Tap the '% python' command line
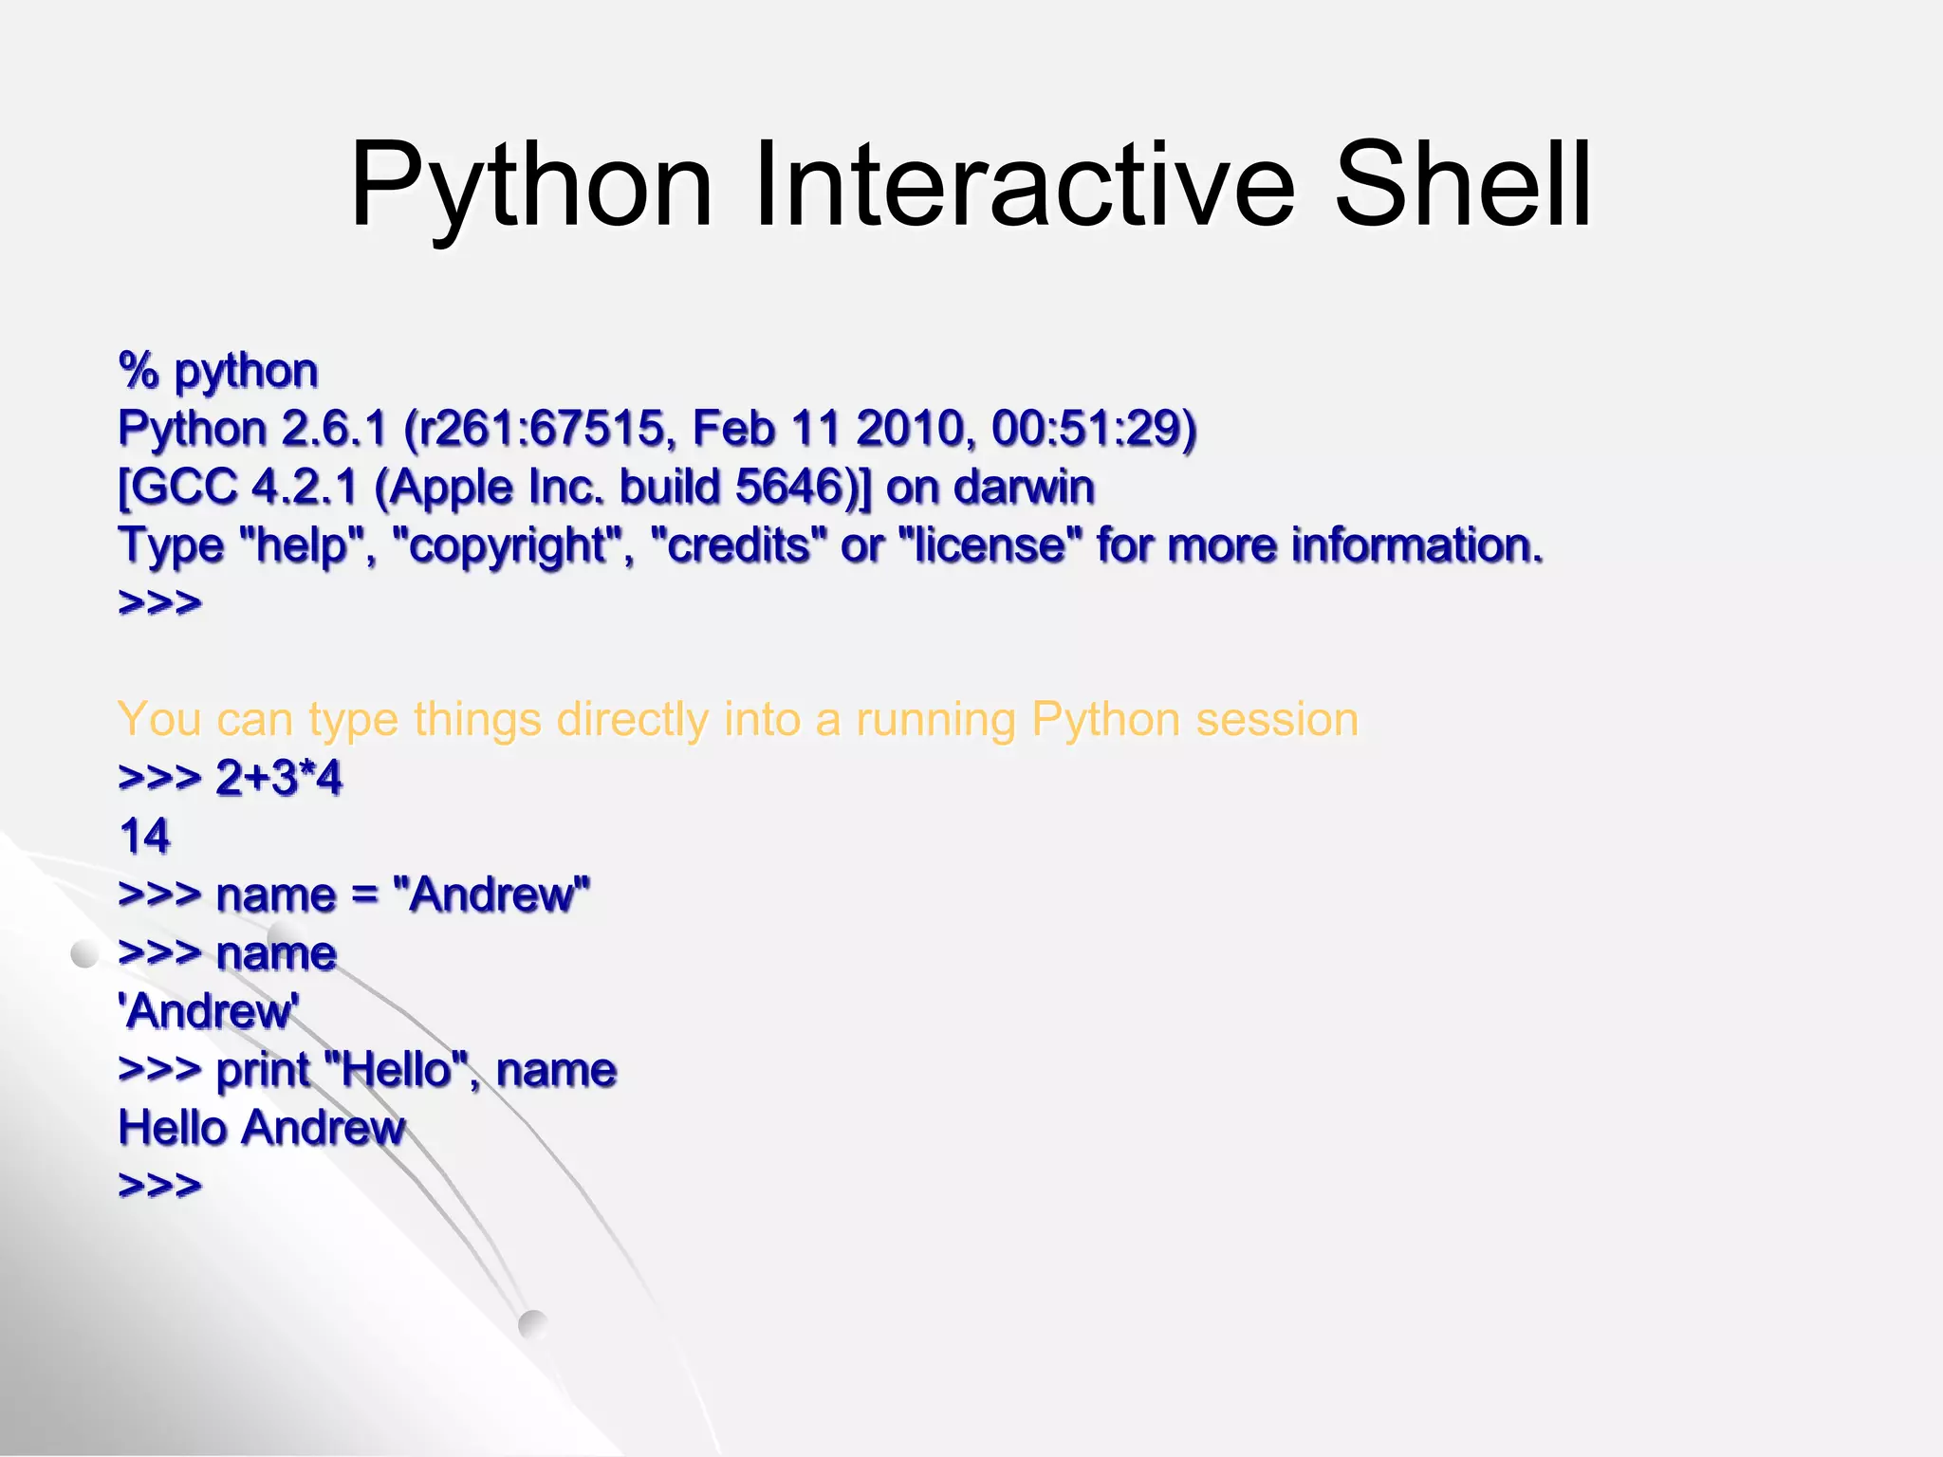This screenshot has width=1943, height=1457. click(218, 371)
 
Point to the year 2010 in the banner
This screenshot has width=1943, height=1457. click(910, 429)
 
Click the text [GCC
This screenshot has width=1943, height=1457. click(176, 488)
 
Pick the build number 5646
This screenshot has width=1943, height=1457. click(789, 488)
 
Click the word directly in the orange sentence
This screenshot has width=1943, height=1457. click(632, 720)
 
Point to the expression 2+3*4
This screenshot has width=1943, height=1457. click(278, 779)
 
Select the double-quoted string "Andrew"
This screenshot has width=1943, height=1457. click(490, 895)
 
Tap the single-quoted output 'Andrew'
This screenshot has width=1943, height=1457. click(209, 1012)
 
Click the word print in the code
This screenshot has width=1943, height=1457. click(263, 1071)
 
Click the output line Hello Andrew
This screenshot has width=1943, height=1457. click(261, 1129)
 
